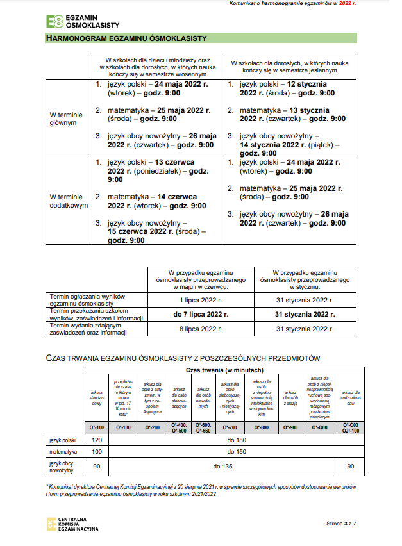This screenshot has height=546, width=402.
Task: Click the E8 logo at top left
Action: tap(54, 21)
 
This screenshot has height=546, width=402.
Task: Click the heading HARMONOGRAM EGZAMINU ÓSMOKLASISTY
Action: tap(126, 38)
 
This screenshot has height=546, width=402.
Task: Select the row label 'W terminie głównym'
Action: tap(63, 119)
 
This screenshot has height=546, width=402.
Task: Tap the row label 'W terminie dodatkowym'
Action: tap(69, 201)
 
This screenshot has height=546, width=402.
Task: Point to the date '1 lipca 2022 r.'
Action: tap(201, 300)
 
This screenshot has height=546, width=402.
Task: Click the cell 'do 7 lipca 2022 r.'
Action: tap(201, 314)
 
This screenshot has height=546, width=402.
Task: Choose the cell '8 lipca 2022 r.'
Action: tap(201, 329)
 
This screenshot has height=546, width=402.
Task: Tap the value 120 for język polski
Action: tap(97, 440)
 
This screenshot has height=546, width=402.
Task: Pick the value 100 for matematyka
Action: tap(97, 452)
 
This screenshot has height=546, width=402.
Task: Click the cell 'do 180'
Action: tap(237, 440)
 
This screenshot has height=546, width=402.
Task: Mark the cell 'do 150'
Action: tap(237, 452)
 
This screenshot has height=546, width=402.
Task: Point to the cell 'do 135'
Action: tap(222, 467)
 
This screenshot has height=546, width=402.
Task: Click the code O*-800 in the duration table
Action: tap(261, 427)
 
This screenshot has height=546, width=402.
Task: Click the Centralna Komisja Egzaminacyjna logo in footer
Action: tap(51, 524)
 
